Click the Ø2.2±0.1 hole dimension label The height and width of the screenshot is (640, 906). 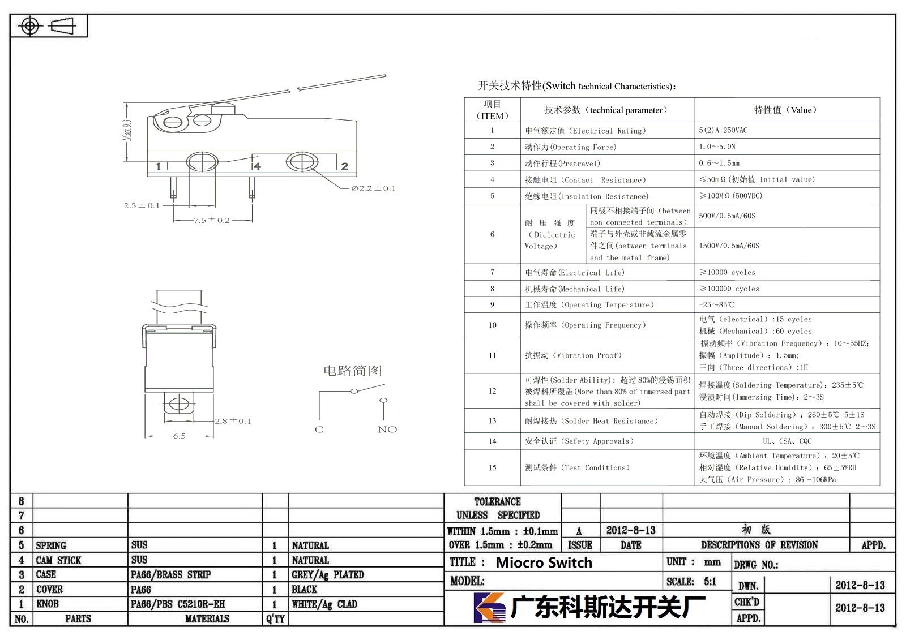[x=373, y=188]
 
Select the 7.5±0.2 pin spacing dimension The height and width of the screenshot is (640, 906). [x=212, y=220]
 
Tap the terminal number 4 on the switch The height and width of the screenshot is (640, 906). [x=257, y=166]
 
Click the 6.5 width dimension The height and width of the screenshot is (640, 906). [x=179, y=436]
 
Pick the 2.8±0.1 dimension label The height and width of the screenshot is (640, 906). [x=233, y=421]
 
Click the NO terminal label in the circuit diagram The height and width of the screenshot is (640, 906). [x=387, y=429]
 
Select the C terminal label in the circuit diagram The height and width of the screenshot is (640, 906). [x=319, y=429]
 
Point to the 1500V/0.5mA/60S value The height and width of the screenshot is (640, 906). [x=729, y=246]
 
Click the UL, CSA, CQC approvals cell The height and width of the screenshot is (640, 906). [x=787, y=441]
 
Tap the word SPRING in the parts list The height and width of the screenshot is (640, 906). [x=51, y=545]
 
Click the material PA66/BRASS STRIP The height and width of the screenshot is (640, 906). [x=170, y=574]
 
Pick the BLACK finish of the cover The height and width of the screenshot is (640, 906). [x=305, y=590]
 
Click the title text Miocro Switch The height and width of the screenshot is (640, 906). [x=544, y=562]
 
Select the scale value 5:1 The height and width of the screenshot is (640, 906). [x=710, y=582]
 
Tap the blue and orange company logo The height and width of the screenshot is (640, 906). [x=490, y=607]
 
